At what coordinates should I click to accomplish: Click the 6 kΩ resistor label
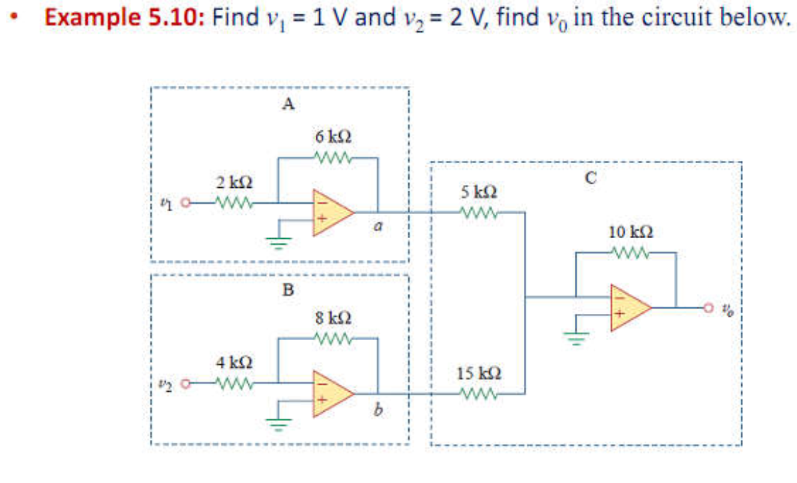[x=333, y=136]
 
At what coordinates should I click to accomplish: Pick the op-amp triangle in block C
[x=630, y=307]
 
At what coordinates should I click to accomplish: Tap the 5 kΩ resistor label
[x=478, y=192]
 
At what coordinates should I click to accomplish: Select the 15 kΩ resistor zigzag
[x=478, y=394]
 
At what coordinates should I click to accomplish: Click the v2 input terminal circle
[x=186, y=382]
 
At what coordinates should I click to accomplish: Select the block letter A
[x=288, y=104]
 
